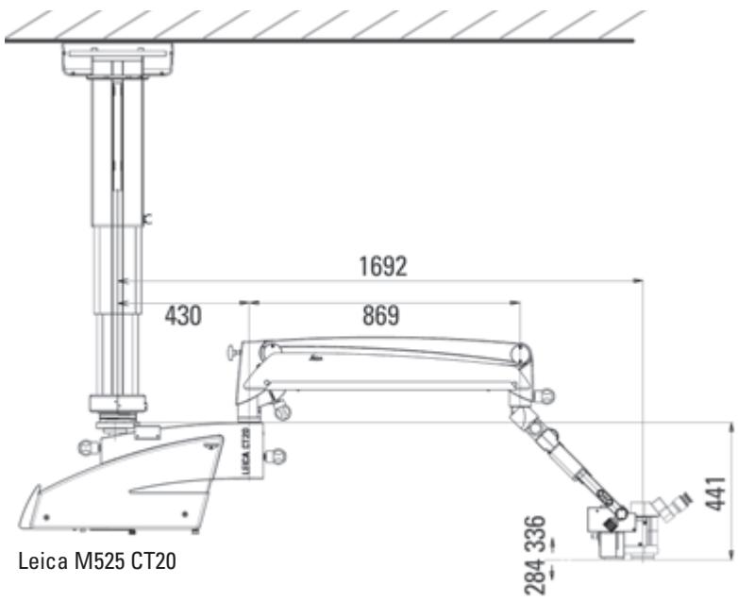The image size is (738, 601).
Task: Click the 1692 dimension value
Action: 382,266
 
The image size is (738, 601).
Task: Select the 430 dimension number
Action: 183,315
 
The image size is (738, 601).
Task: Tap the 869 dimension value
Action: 380,315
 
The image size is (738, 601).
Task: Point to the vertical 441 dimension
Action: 716,493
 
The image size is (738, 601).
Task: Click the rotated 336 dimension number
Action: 536,534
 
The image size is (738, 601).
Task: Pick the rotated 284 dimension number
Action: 536,577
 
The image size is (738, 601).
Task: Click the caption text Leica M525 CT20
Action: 97,561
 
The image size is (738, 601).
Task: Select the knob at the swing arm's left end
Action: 231,353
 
